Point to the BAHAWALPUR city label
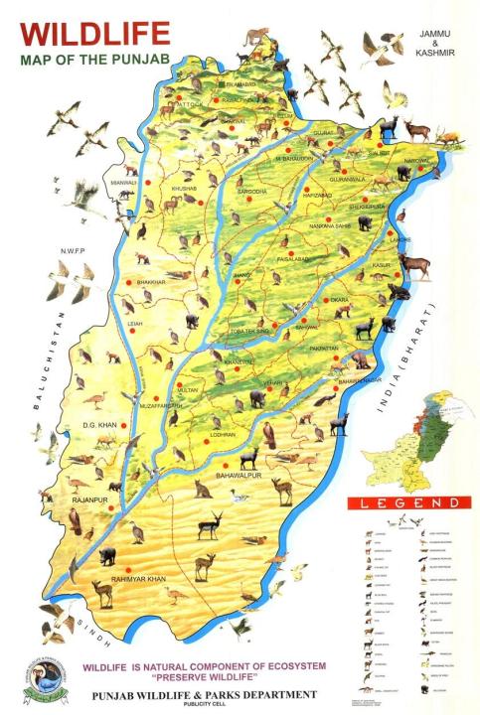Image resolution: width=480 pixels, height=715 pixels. (x=243, y=476)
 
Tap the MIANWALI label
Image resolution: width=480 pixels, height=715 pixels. (x=123, y=183)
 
